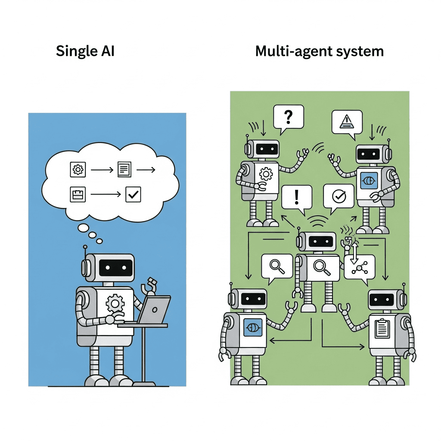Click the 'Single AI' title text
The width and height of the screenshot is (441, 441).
85,51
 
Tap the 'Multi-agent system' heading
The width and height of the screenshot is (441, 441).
319,51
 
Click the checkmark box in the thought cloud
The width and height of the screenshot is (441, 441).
133,195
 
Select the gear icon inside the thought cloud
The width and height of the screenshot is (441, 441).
78,170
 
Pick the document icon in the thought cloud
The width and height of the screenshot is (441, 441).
124,170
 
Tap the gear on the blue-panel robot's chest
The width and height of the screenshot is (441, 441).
115,304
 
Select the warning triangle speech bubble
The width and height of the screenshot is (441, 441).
346,121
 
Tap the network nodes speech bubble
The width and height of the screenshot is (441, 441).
360,267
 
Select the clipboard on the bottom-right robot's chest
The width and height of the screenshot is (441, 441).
381,329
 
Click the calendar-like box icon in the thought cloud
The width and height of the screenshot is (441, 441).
78,195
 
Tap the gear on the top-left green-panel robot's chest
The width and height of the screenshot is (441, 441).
265,174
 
